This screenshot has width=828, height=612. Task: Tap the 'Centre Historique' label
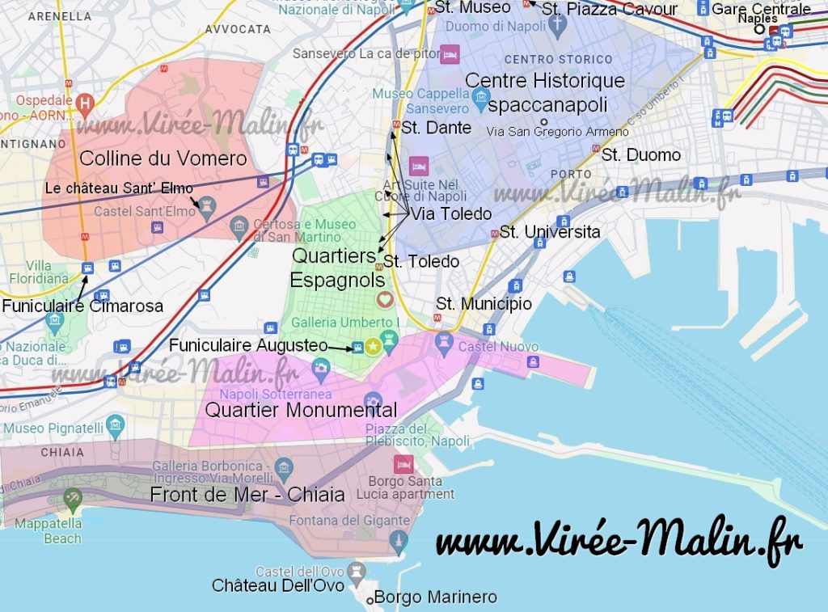(x=545, y=81)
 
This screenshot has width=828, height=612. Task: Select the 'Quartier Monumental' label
(x=301, y=410)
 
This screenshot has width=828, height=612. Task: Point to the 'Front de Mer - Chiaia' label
(x=247, y=494)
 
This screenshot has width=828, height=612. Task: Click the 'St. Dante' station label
(x=436, y=128)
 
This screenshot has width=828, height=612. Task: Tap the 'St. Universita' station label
(x=550, y=232)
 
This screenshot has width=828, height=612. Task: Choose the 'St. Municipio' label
(x=484, y=304)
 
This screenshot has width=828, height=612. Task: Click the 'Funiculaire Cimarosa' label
(x=82, y=306)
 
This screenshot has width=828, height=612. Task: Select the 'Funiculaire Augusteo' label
(x=247, y=345)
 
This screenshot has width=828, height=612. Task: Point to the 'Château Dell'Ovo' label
(x=277, y=585)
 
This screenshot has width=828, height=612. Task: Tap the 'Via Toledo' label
(x=451, y=214)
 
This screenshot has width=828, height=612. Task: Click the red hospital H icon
(x=85, y=103)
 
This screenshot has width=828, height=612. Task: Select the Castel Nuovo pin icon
(x=444, y=344)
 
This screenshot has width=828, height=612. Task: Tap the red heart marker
(x=385, y=299)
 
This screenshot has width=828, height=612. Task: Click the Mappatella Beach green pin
(x=73, y=499)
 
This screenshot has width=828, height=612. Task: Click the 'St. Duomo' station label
(x=641, y=154)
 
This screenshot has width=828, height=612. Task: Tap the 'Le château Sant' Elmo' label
(x=119, y=188)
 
